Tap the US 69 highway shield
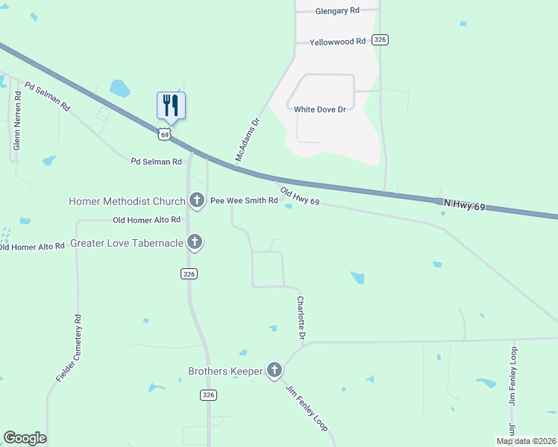165,133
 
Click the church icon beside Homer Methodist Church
196,200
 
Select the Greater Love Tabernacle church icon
195,241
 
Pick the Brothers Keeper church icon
275,370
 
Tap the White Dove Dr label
320,110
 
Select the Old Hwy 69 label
300,197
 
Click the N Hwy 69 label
465,203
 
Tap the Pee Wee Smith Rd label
244,201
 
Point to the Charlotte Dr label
301,318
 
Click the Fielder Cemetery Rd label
69,349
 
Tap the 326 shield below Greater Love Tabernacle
189,274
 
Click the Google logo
25,438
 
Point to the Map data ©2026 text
526,441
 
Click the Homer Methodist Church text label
126,201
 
